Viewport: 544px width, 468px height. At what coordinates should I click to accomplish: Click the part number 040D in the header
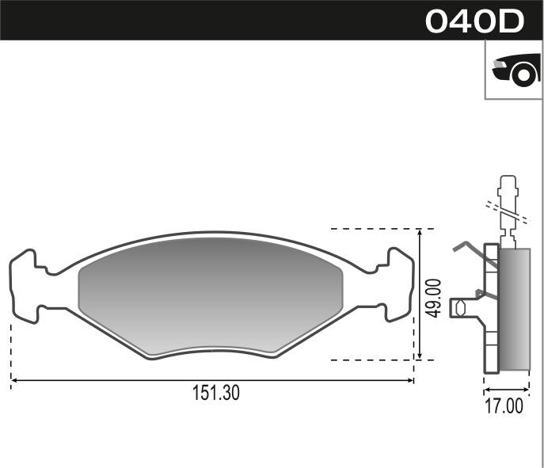[x=474, y=21]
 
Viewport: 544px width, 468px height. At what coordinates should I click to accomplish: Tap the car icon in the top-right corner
[x=515, y=70]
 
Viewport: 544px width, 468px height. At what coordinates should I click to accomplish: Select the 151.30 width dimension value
[x=215, y=393]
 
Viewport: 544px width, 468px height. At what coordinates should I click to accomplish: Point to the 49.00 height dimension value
[x=433, y=297]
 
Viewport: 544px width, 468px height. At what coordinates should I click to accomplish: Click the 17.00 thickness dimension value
[x=505, y=406]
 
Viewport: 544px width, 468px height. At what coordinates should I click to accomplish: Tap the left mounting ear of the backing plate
[x=24, y=285]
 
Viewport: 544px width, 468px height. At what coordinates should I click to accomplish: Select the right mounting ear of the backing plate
[x=400, y=285]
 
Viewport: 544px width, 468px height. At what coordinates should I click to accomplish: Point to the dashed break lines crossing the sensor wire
[x=507, y=210]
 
